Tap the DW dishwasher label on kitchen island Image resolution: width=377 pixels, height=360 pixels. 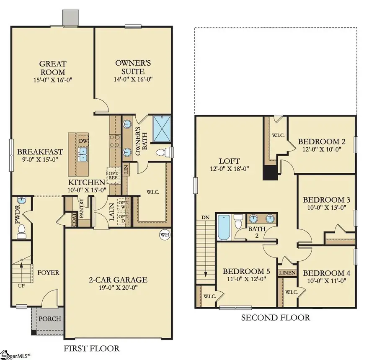coord(83,141)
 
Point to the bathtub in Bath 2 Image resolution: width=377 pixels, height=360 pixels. coord(224,227)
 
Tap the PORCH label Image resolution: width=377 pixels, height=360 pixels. coord(50,319)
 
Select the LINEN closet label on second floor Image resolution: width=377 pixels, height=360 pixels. coord(287,273)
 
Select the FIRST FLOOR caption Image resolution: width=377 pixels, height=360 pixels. coord(91,348)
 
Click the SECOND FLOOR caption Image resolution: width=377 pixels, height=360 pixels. coord(275,318)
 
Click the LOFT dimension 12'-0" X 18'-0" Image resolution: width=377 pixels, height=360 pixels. coord(229,169)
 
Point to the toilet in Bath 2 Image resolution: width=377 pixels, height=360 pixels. coord(239,222)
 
